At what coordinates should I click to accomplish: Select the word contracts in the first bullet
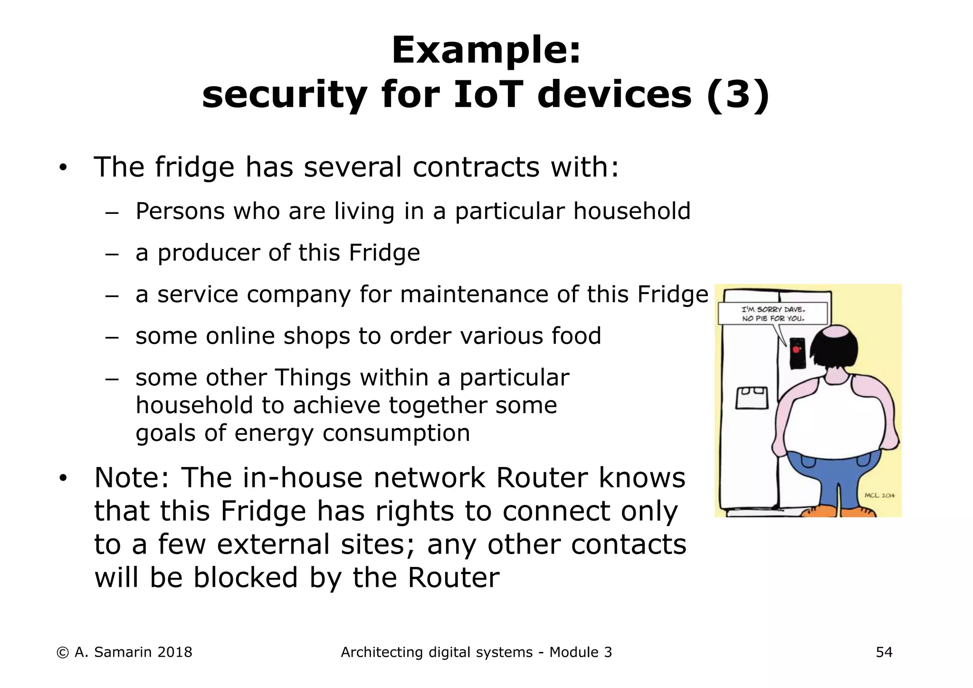[x=476, y=167]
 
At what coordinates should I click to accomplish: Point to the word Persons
[x=180, y=211]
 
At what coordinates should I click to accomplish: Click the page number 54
[x=884, y=652]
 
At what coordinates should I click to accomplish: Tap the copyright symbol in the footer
[x=62, y=652]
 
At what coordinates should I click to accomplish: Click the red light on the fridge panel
[x=796, y=350]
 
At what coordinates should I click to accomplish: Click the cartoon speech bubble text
[x=773, y=314]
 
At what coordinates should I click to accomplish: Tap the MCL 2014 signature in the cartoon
[x=879, y=496]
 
